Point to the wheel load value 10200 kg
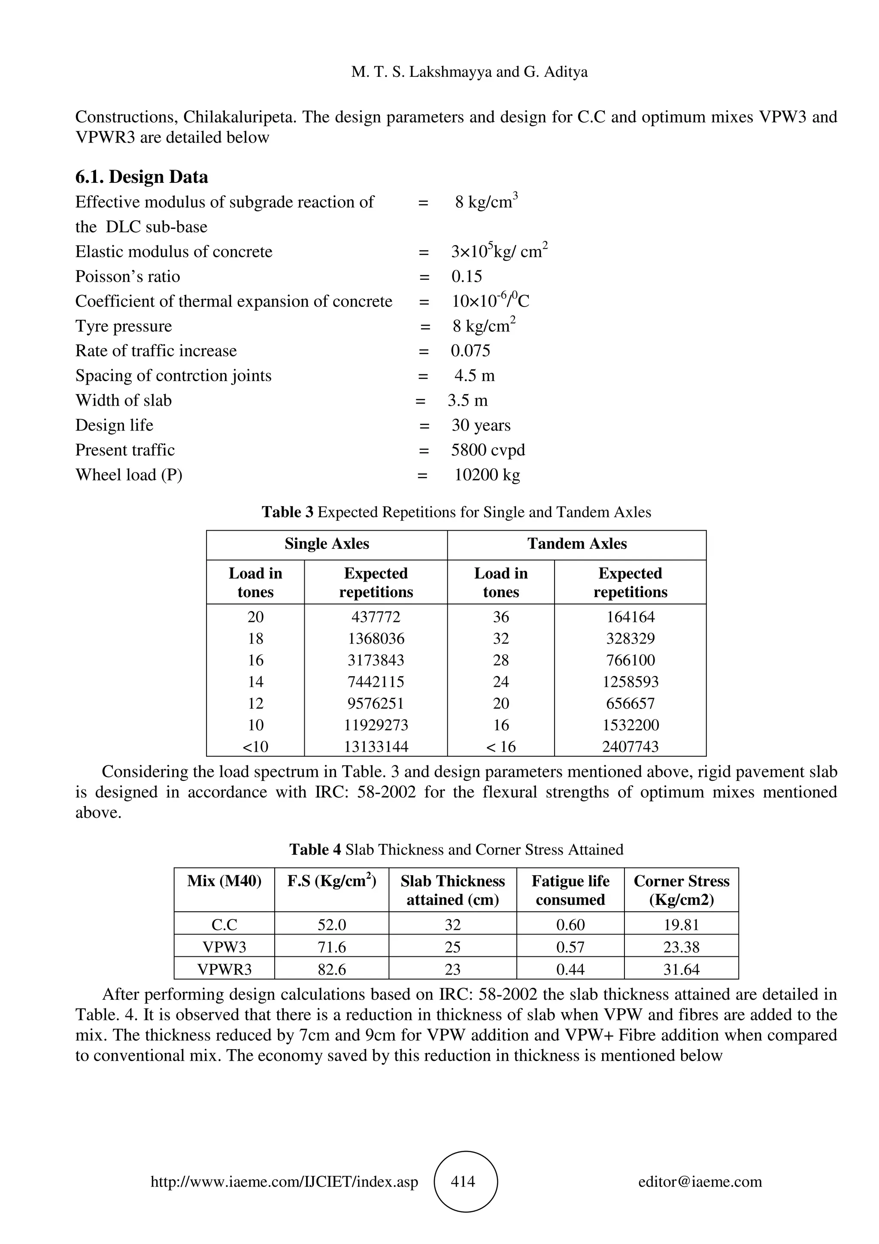[486, 475]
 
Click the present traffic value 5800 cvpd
[488, 450]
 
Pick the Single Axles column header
[327, 544]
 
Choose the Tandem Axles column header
[577, 544]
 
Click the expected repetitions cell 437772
[376, 617]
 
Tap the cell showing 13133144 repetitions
[376, 746]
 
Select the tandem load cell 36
[500, 617]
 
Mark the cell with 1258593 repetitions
[630, 682]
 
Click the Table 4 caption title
[456, 850]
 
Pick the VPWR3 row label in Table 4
[224, 969]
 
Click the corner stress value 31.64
[681, 969]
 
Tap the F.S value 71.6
[331, 947]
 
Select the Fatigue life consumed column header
[570, 890]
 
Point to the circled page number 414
[465, 1182]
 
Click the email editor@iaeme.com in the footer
[700, 1182]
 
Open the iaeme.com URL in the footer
[284, 1182]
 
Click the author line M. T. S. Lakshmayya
[469, 72]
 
